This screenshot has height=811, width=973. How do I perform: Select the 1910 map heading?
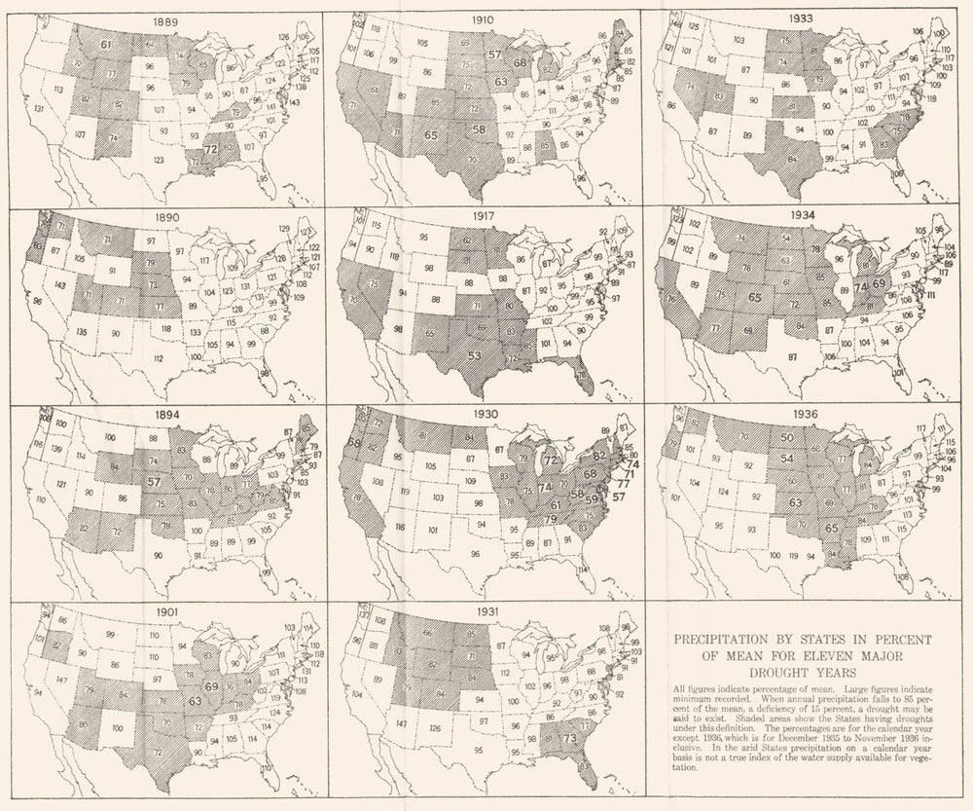tap(483, 19)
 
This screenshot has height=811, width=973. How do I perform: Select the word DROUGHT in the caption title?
tap(769, 672)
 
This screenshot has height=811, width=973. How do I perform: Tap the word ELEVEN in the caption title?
tap(852, 655)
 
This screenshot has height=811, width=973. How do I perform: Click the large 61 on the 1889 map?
tap(105, 45)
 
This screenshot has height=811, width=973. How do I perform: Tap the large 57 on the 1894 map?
tap(152, 481)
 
